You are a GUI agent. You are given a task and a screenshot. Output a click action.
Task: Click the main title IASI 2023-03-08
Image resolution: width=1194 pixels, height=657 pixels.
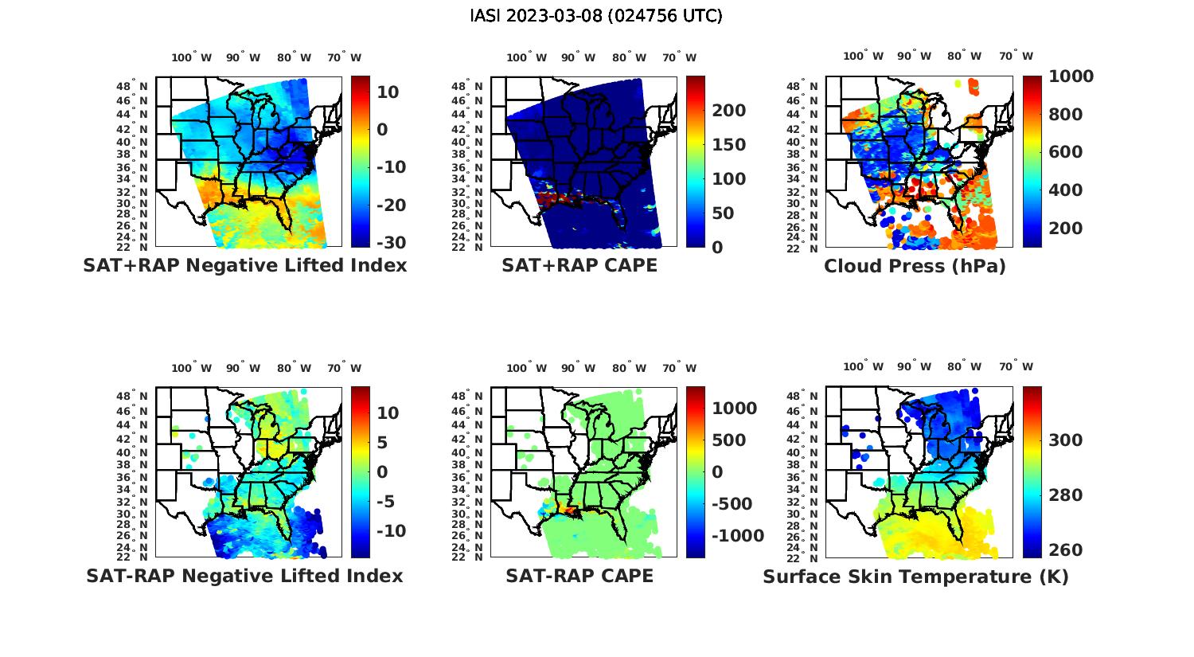(x=596, y=16)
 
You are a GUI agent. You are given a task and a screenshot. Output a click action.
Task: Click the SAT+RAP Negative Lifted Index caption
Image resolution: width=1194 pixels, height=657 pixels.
(x=244, y=265)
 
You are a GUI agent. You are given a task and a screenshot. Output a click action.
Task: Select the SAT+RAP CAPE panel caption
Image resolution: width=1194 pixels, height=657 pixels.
(x=579, y=265)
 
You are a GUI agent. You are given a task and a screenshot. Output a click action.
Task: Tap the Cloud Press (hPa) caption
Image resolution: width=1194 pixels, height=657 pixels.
(x=915, y=266)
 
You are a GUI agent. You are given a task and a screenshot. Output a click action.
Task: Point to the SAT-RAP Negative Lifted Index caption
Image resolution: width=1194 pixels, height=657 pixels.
(x=244, y=576)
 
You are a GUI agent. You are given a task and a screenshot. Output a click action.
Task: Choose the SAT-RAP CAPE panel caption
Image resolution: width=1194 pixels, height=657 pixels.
(x=579, y=576)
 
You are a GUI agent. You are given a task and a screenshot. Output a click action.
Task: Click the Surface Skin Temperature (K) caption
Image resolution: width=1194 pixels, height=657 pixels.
(x=915, y=577)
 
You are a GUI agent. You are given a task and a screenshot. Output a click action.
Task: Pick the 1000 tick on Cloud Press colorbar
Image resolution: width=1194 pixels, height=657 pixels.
(x=1071, y=76)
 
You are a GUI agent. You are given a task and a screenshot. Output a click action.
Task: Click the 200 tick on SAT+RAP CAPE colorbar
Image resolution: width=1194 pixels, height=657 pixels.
(x=729, y=111)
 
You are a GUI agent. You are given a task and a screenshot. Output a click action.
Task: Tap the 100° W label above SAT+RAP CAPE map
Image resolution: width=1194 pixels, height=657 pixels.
(x=526, y=57)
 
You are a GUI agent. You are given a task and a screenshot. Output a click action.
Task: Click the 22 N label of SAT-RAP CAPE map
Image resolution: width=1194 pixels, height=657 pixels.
(x=467, y=557)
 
